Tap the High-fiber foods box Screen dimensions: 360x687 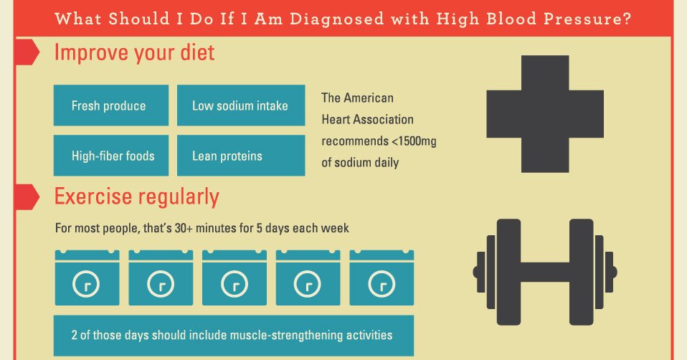point(111,156)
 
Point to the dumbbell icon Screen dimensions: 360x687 point(544,272)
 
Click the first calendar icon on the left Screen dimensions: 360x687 point(87,280)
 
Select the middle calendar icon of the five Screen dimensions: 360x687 point(234,280)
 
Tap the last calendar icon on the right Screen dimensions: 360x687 point(382,280)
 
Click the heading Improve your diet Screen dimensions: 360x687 point(134,53)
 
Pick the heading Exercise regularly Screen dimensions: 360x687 point(137,196)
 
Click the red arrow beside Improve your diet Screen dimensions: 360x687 point(26,52)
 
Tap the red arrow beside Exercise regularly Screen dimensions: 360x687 point(26,196)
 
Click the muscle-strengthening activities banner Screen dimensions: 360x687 point(233,335)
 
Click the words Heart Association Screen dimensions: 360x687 point(367,120)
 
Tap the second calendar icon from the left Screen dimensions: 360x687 point(161,280)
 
